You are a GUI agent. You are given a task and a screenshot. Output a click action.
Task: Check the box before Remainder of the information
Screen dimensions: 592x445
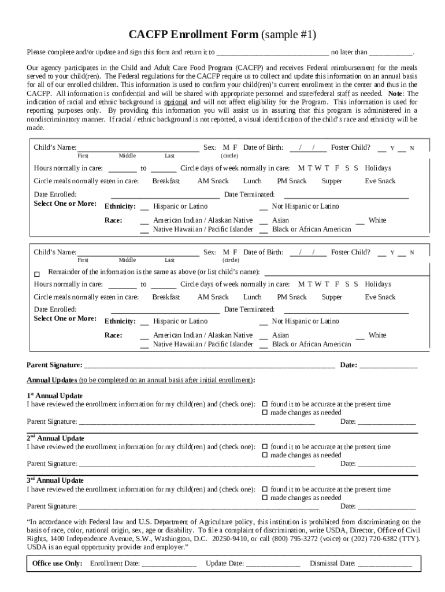click(38, 273)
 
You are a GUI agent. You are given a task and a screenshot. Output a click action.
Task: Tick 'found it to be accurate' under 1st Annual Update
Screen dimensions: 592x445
click(265, 404)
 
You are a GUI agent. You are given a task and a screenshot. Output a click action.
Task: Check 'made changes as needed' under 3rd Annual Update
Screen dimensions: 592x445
click(265, 498)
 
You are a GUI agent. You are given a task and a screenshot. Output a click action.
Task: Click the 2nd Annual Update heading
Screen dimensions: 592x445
click(55, 438)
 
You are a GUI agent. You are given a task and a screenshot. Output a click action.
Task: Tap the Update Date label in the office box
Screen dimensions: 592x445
click(225, 564)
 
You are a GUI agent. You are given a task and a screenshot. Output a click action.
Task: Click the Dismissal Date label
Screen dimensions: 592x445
click(332, 564)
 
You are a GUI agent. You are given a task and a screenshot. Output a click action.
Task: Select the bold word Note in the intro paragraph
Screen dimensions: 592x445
click(395, 94)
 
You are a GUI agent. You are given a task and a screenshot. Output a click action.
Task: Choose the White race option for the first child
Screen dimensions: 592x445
click(377, 220)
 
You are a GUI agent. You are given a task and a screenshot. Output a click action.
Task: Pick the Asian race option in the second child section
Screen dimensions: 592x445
click(280, 335)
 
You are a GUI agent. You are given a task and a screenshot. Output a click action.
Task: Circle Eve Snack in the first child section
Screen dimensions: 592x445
click(380, 182)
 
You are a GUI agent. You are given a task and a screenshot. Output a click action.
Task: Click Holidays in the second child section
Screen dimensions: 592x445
click(377, 284)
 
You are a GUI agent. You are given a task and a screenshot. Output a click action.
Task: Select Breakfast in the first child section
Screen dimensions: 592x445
click(166, 182)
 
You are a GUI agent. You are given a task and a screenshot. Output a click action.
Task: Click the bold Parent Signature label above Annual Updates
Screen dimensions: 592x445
click(54, 365)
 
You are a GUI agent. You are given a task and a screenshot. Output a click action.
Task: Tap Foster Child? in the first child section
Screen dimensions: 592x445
click(350, 147)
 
